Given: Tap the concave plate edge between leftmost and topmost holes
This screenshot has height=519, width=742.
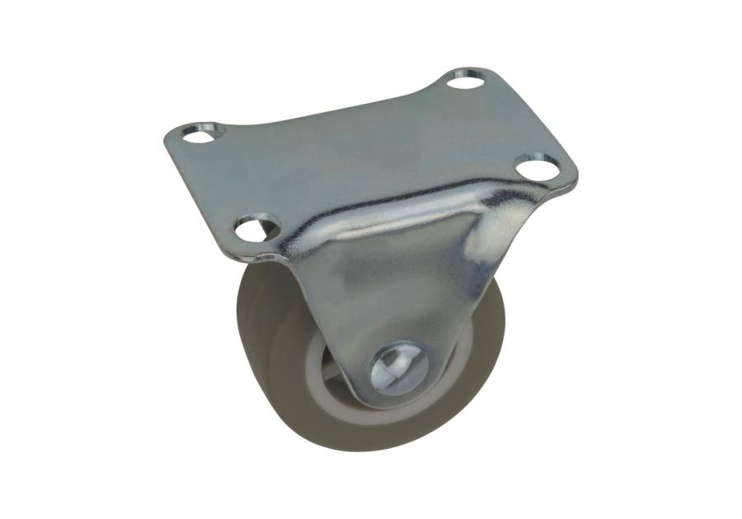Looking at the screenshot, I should [x=330, y=103].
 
